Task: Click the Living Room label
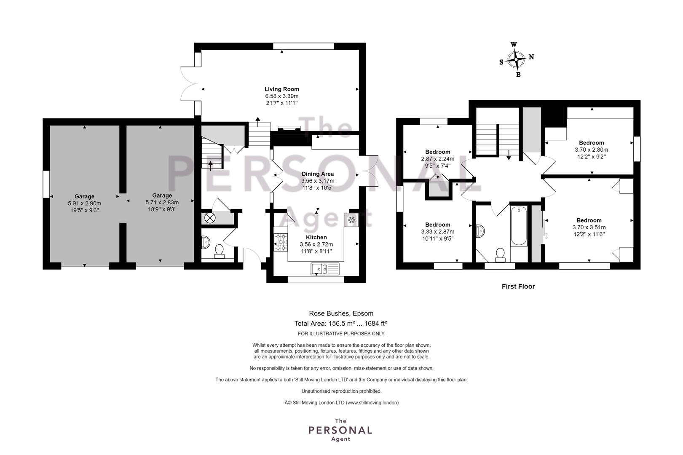coord(282,89)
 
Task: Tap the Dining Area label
coord(317,174)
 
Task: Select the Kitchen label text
coord(316,237)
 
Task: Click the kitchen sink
coord(325,269)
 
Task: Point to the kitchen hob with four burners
coord(281,242)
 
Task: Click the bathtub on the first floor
coord(519,226)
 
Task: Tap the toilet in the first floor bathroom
coord(500,255)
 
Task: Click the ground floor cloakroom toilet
coord(219,252)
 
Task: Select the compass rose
coord(516,59)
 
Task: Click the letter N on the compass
coord(531,57)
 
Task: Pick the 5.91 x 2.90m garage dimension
coord(84,203)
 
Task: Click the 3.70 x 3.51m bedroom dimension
coord(589,227)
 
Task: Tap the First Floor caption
coord(518,286)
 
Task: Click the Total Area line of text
coord(340,323)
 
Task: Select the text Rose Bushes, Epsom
coord(341,313)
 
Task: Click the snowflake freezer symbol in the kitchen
coord(351,220)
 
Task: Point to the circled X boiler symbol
coord(210,218)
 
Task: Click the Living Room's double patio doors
coord(188,83)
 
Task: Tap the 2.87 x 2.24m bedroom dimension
coord(437,159)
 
